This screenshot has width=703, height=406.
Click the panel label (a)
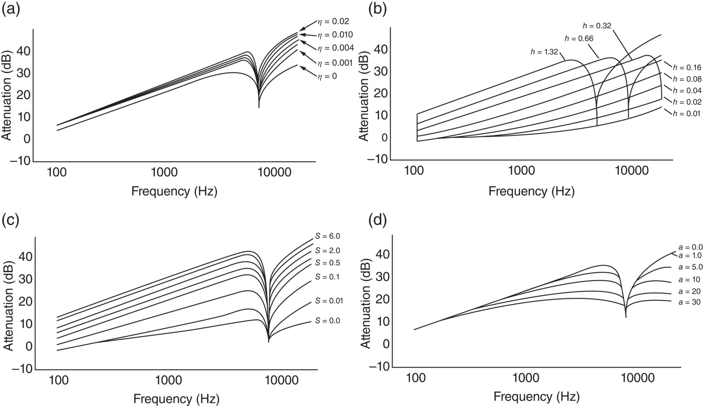click(11, 9)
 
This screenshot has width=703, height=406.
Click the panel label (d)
click(378, 221)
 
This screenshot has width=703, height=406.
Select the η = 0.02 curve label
click(333, 21)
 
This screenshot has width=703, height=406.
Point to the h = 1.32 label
click(545, 52)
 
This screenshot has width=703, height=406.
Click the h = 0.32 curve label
click(597, 26)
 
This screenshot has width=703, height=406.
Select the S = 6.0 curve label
click(328, 236)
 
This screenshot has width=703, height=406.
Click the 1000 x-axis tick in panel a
click(164, 173)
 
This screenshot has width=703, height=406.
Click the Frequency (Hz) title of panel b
click(531, 191)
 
